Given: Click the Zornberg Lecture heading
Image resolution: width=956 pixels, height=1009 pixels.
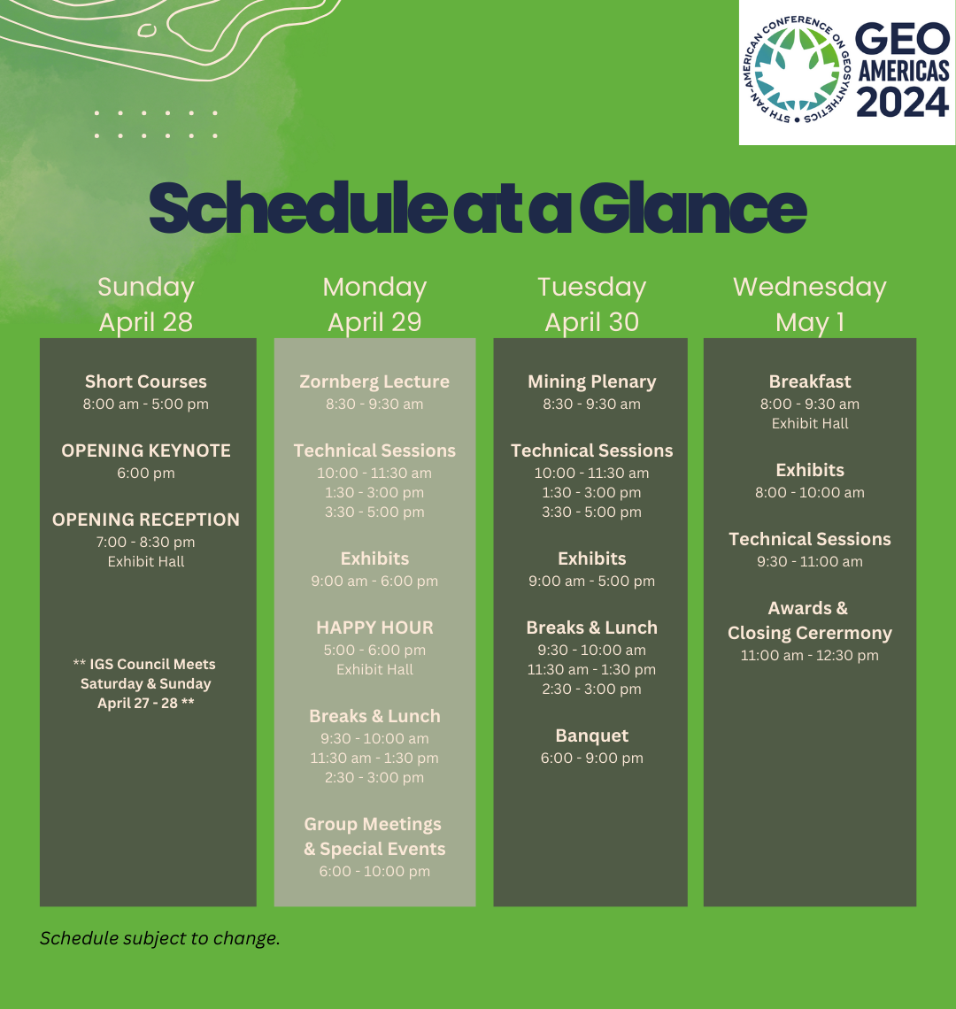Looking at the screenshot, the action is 374,381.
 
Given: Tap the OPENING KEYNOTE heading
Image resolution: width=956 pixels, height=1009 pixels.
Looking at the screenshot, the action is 146,451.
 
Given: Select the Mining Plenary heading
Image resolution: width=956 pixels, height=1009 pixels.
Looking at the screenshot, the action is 591,381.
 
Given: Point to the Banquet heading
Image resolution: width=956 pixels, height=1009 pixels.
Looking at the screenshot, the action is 591,736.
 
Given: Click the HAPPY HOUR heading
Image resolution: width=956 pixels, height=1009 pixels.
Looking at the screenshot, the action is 374,628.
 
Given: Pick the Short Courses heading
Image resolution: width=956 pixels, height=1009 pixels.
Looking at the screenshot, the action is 146,381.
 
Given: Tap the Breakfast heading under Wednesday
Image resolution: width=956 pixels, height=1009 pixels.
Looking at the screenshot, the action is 810,381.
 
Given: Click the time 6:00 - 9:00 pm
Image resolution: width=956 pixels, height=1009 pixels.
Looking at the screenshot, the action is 591,758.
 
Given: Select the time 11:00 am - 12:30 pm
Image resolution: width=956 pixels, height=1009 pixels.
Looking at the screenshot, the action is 810,656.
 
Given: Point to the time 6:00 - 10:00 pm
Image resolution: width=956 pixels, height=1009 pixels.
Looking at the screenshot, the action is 374,871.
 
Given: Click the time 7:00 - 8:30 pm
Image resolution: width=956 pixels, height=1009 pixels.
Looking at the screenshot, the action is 146,543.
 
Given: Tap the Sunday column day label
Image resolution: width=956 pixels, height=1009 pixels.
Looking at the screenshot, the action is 146,287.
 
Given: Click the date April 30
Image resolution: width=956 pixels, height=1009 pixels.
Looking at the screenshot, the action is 591,322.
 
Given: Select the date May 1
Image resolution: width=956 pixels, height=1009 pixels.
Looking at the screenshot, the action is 810,322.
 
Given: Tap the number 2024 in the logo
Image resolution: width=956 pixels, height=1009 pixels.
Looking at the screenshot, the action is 903,102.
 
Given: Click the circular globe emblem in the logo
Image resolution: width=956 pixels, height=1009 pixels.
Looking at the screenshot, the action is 798,70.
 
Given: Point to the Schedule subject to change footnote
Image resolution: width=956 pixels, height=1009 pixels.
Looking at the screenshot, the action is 160,938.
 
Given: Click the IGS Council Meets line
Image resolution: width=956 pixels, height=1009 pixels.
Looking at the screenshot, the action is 144,664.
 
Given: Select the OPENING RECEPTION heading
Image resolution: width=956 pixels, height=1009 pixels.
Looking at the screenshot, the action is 146,520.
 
